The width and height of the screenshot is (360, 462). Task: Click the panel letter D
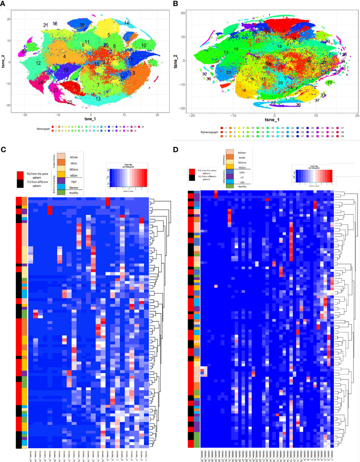(x=176, y=149)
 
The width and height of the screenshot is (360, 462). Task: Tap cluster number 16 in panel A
(x=82, y=25)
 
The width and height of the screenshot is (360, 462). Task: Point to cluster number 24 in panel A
(x=40, y=83)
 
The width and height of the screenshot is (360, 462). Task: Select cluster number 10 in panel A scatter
(x=144, y=46)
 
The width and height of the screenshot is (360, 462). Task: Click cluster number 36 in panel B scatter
(x=298, y=105)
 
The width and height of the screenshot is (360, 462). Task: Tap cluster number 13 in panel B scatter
(x=226, y=52)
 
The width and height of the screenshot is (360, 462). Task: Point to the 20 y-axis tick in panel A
(x=8, y=19)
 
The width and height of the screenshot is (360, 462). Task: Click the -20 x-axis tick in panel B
(x=191, y=115)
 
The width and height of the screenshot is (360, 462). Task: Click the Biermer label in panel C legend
(x=74, y=188)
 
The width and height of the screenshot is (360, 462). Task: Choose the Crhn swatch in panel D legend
(x=230, y=172)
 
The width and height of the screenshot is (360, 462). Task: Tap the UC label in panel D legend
(x=242, y=177)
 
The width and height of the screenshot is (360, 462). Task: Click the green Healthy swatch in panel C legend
(x=61, y=192)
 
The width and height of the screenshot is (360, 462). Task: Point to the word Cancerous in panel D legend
(x=224, y=160)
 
